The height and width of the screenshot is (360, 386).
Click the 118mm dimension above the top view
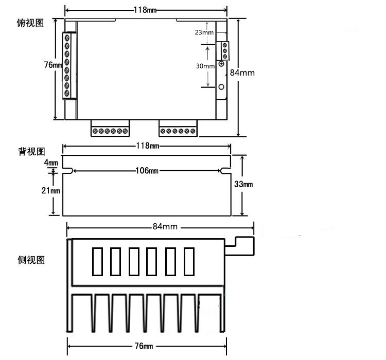pos(146,10)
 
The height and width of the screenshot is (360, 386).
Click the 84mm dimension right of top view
pos(242,73)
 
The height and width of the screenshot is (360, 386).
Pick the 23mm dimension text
pos(204,32)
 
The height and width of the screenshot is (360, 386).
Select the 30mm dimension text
pos(205,66)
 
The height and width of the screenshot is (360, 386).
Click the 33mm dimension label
pos(244,185)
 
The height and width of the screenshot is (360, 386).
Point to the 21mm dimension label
pos(51,191)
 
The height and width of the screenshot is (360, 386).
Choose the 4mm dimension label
pos(51,163)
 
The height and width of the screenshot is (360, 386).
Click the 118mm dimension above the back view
pos(147,146)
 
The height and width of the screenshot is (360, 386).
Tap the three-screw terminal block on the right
pos(224,51)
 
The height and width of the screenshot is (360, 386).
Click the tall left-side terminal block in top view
pos(66,65)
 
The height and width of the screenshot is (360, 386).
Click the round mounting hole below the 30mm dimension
pos(222,86)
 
